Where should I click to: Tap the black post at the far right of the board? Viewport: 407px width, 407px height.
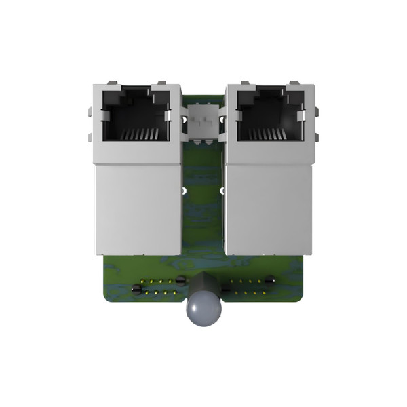click(270, 279)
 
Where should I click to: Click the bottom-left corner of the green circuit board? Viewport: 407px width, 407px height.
click(104, 299)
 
